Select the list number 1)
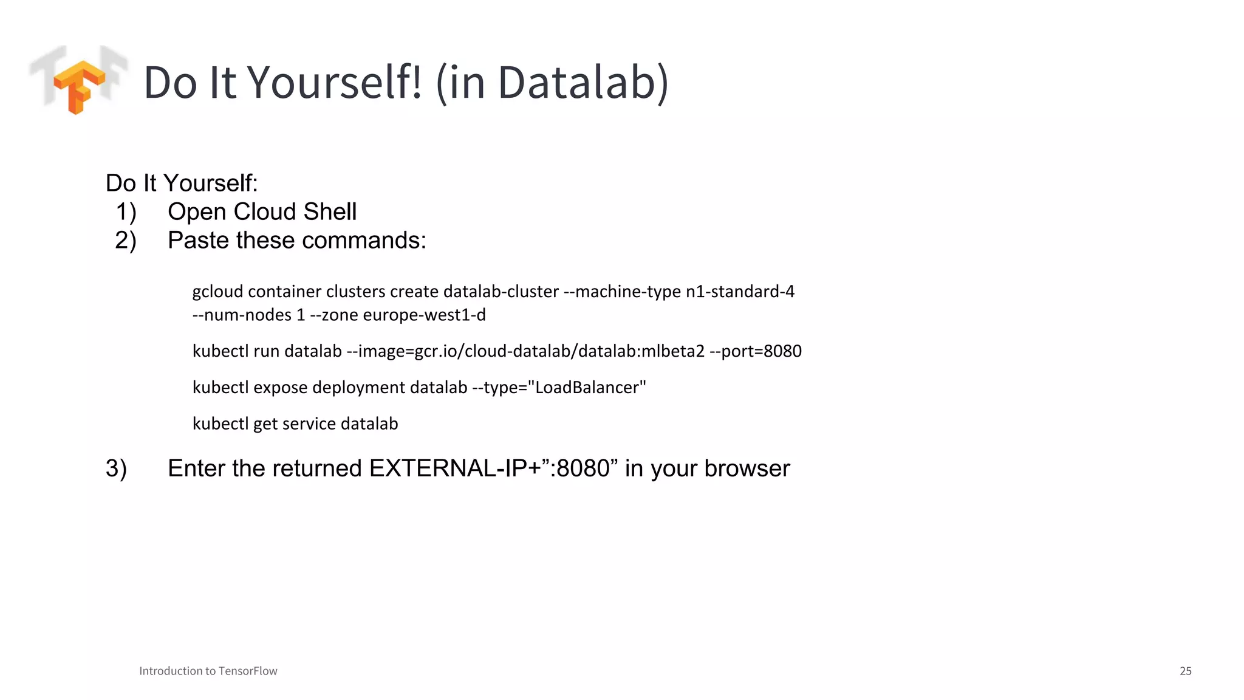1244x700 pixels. click(126, 212)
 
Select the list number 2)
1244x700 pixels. click(126, 241)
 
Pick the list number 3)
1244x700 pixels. click(116, 468)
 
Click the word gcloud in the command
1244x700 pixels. click(217, 292)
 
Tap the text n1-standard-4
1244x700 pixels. click(740, 292)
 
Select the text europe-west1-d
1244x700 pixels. click(424, 315)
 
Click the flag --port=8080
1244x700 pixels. click(755, 351)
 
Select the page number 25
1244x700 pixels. click(1185, 671)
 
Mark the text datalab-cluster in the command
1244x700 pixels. click(501, 292)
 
